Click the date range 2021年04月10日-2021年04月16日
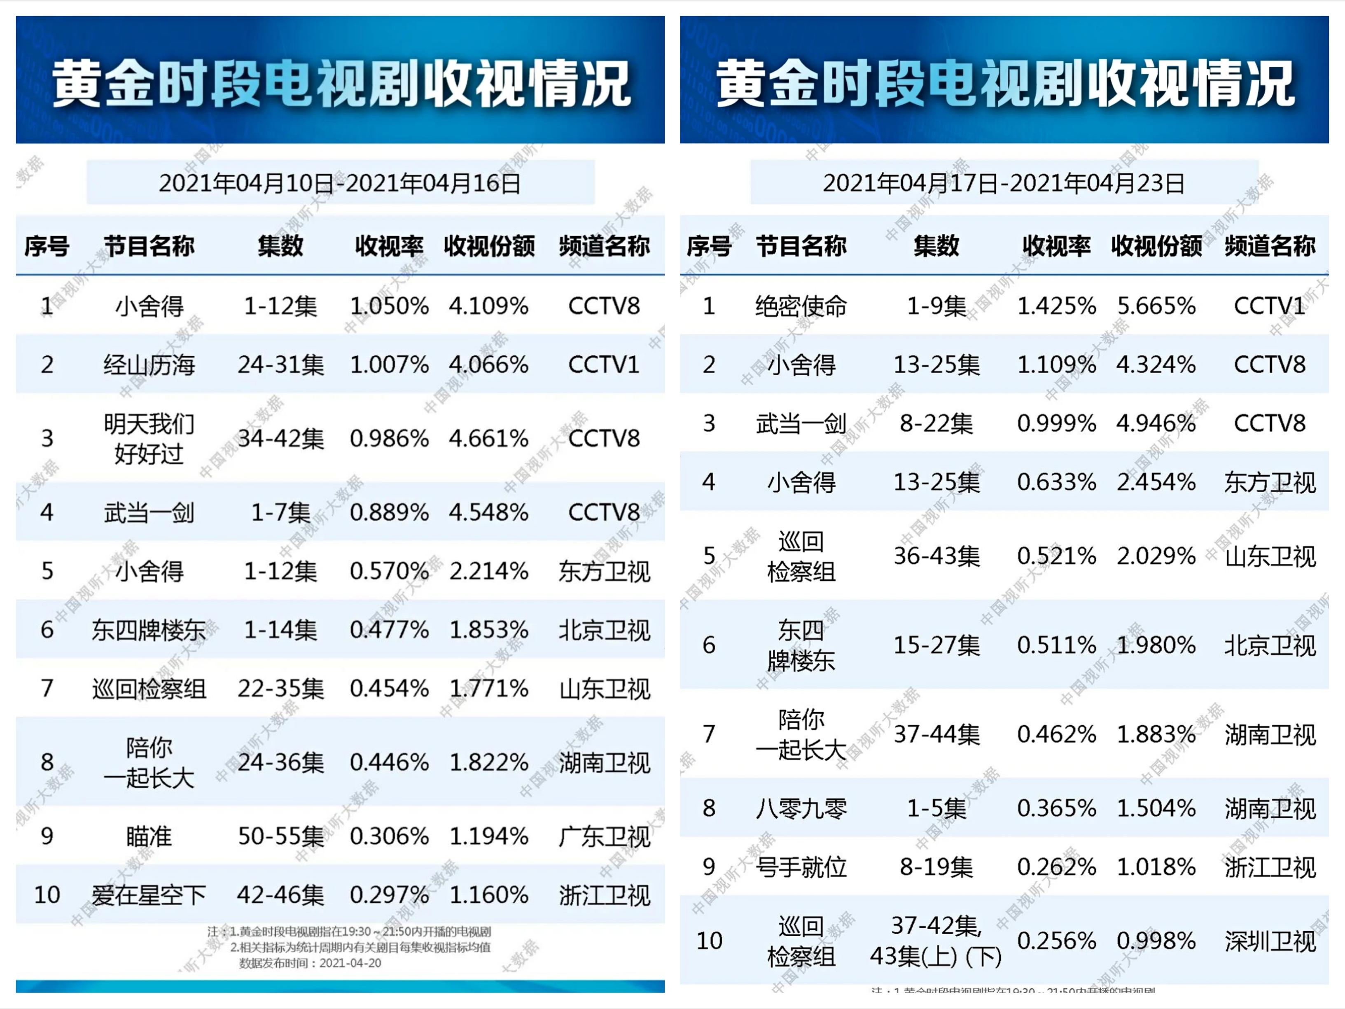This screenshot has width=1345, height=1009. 339,182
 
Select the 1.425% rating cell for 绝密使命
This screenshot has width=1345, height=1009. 1056,306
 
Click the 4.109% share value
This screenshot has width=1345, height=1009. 488,306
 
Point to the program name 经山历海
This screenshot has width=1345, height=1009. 149,365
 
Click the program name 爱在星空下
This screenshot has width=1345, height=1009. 149,895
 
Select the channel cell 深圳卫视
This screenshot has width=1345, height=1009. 1270,941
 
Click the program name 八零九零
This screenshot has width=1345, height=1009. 801,808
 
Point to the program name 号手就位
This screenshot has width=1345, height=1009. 801,867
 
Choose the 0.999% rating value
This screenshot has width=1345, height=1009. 1056,423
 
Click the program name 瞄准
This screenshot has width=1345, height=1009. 149,836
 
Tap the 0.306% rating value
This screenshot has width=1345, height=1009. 389,836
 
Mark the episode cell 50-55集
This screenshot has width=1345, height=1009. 280,836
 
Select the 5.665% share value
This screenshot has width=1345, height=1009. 1156,306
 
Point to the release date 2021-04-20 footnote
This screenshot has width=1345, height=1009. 310,963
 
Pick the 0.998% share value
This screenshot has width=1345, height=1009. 1156,941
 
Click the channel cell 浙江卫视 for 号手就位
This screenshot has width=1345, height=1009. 1270,867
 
